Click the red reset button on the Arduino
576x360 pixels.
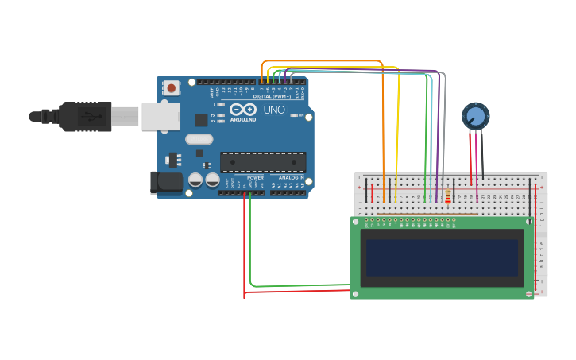click(x=171, y=88)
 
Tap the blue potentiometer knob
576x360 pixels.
click(x=475, y=116)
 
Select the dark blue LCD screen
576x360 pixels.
click(x=442, y=257)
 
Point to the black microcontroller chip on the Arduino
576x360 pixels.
click(x=262, y=162)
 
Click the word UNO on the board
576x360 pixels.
click(x=274, y=110)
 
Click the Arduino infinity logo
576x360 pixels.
click(x=243, y=109)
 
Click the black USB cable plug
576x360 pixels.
click(x=83, y=116)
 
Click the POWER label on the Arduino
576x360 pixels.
click(x=255, y=177)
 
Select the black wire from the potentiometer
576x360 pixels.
click(x=481, y=155)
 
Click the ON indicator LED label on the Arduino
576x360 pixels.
click(x=301, y=116)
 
